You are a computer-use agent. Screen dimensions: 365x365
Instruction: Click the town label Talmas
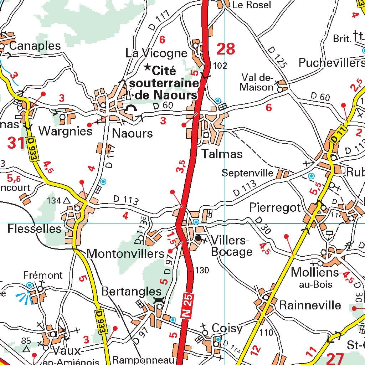pyautogui.click(x=222, y=154)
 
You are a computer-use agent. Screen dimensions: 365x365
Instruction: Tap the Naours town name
pyautogui.click(x=132, y=133)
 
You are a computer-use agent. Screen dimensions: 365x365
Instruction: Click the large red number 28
pyautogui.click(x=226, y=49)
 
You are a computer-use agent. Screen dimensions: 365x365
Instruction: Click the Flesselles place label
pyautogui.click(x=35, y=228)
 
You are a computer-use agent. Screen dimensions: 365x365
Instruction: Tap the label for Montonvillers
pyautogui.click(x=125, y=253)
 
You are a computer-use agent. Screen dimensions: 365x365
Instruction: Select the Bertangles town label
pyautogui.click(x=129, y=291)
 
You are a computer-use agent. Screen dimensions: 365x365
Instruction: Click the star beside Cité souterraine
pyautogui.click(x=147, y=67)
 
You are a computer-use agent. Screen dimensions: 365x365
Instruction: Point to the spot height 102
pyautogui.click(x=220, y=66)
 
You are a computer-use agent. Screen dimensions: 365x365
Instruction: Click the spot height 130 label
pyautogui.click(x=202, y=271)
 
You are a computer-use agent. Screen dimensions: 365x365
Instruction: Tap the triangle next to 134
pyautogui.click(x=66, y=201)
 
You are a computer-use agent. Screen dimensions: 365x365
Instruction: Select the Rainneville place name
pyautogui.click(x=310, y=305)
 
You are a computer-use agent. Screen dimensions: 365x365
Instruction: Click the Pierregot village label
pyautogui.click(x=275, y=207)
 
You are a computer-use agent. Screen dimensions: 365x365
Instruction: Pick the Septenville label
pyautogui.click(x=247, y=173)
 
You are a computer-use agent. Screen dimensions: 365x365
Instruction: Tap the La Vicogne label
pyautogui.click(x=156, y=53)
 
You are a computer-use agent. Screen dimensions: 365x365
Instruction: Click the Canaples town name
pyautogui.click(x=35, y=46)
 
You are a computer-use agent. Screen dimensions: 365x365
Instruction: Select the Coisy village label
pyautogui.click(x=227, y=328)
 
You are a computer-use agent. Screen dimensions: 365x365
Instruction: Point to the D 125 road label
pyautogui.click(x=276, y=57)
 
